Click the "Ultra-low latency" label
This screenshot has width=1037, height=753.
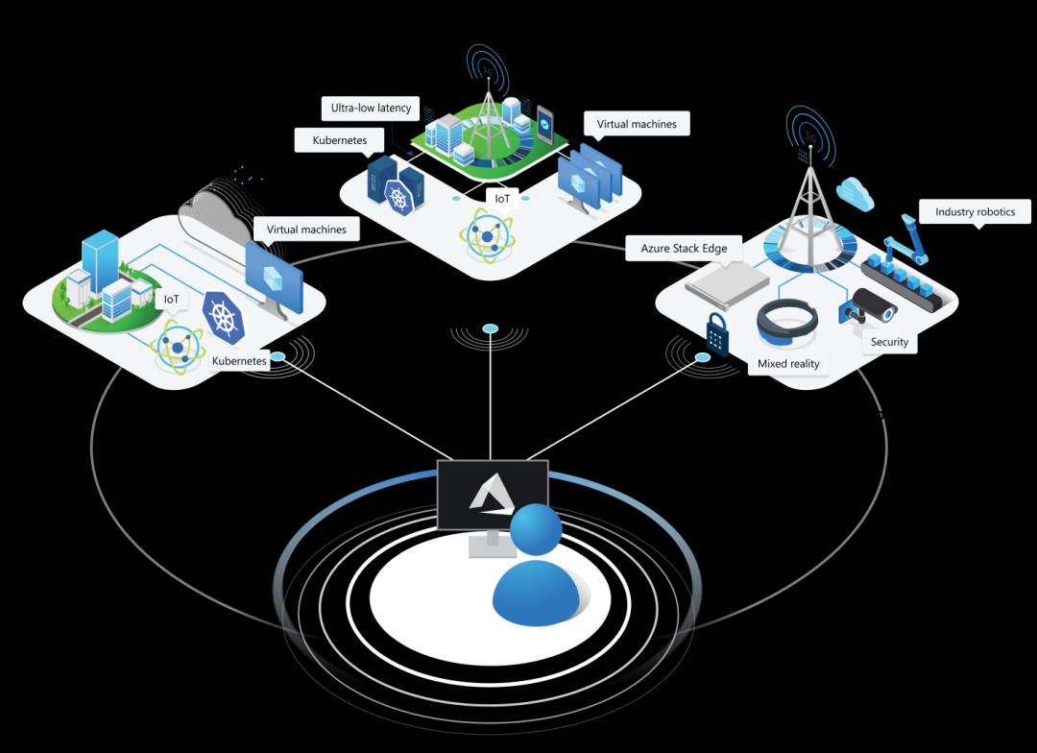pos(371,108)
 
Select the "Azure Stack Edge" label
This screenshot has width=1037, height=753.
pos(684,248)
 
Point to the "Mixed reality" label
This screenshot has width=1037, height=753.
pos(788,363)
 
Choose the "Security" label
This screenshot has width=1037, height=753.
pos(889,342)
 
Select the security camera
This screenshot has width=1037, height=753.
pos(868,305)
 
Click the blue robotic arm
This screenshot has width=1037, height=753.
pos(912,240)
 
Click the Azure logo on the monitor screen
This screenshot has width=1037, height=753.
pos(492,496)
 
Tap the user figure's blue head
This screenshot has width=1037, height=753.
pos(535,529)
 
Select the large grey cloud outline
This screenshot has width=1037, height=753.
pos(216,213)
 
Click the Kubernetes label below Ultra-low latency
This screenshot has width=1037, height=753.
pos(340,140)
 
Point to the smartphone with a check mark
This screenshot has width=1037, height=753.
pos(544,125)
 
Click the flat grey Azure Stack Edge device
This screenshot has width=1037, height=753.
pos(727,284)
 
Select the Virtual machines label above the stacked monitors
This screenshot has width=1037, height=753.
pos(637,124)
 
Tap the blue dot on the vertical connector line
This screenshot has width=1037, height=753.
pos(490,329)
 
